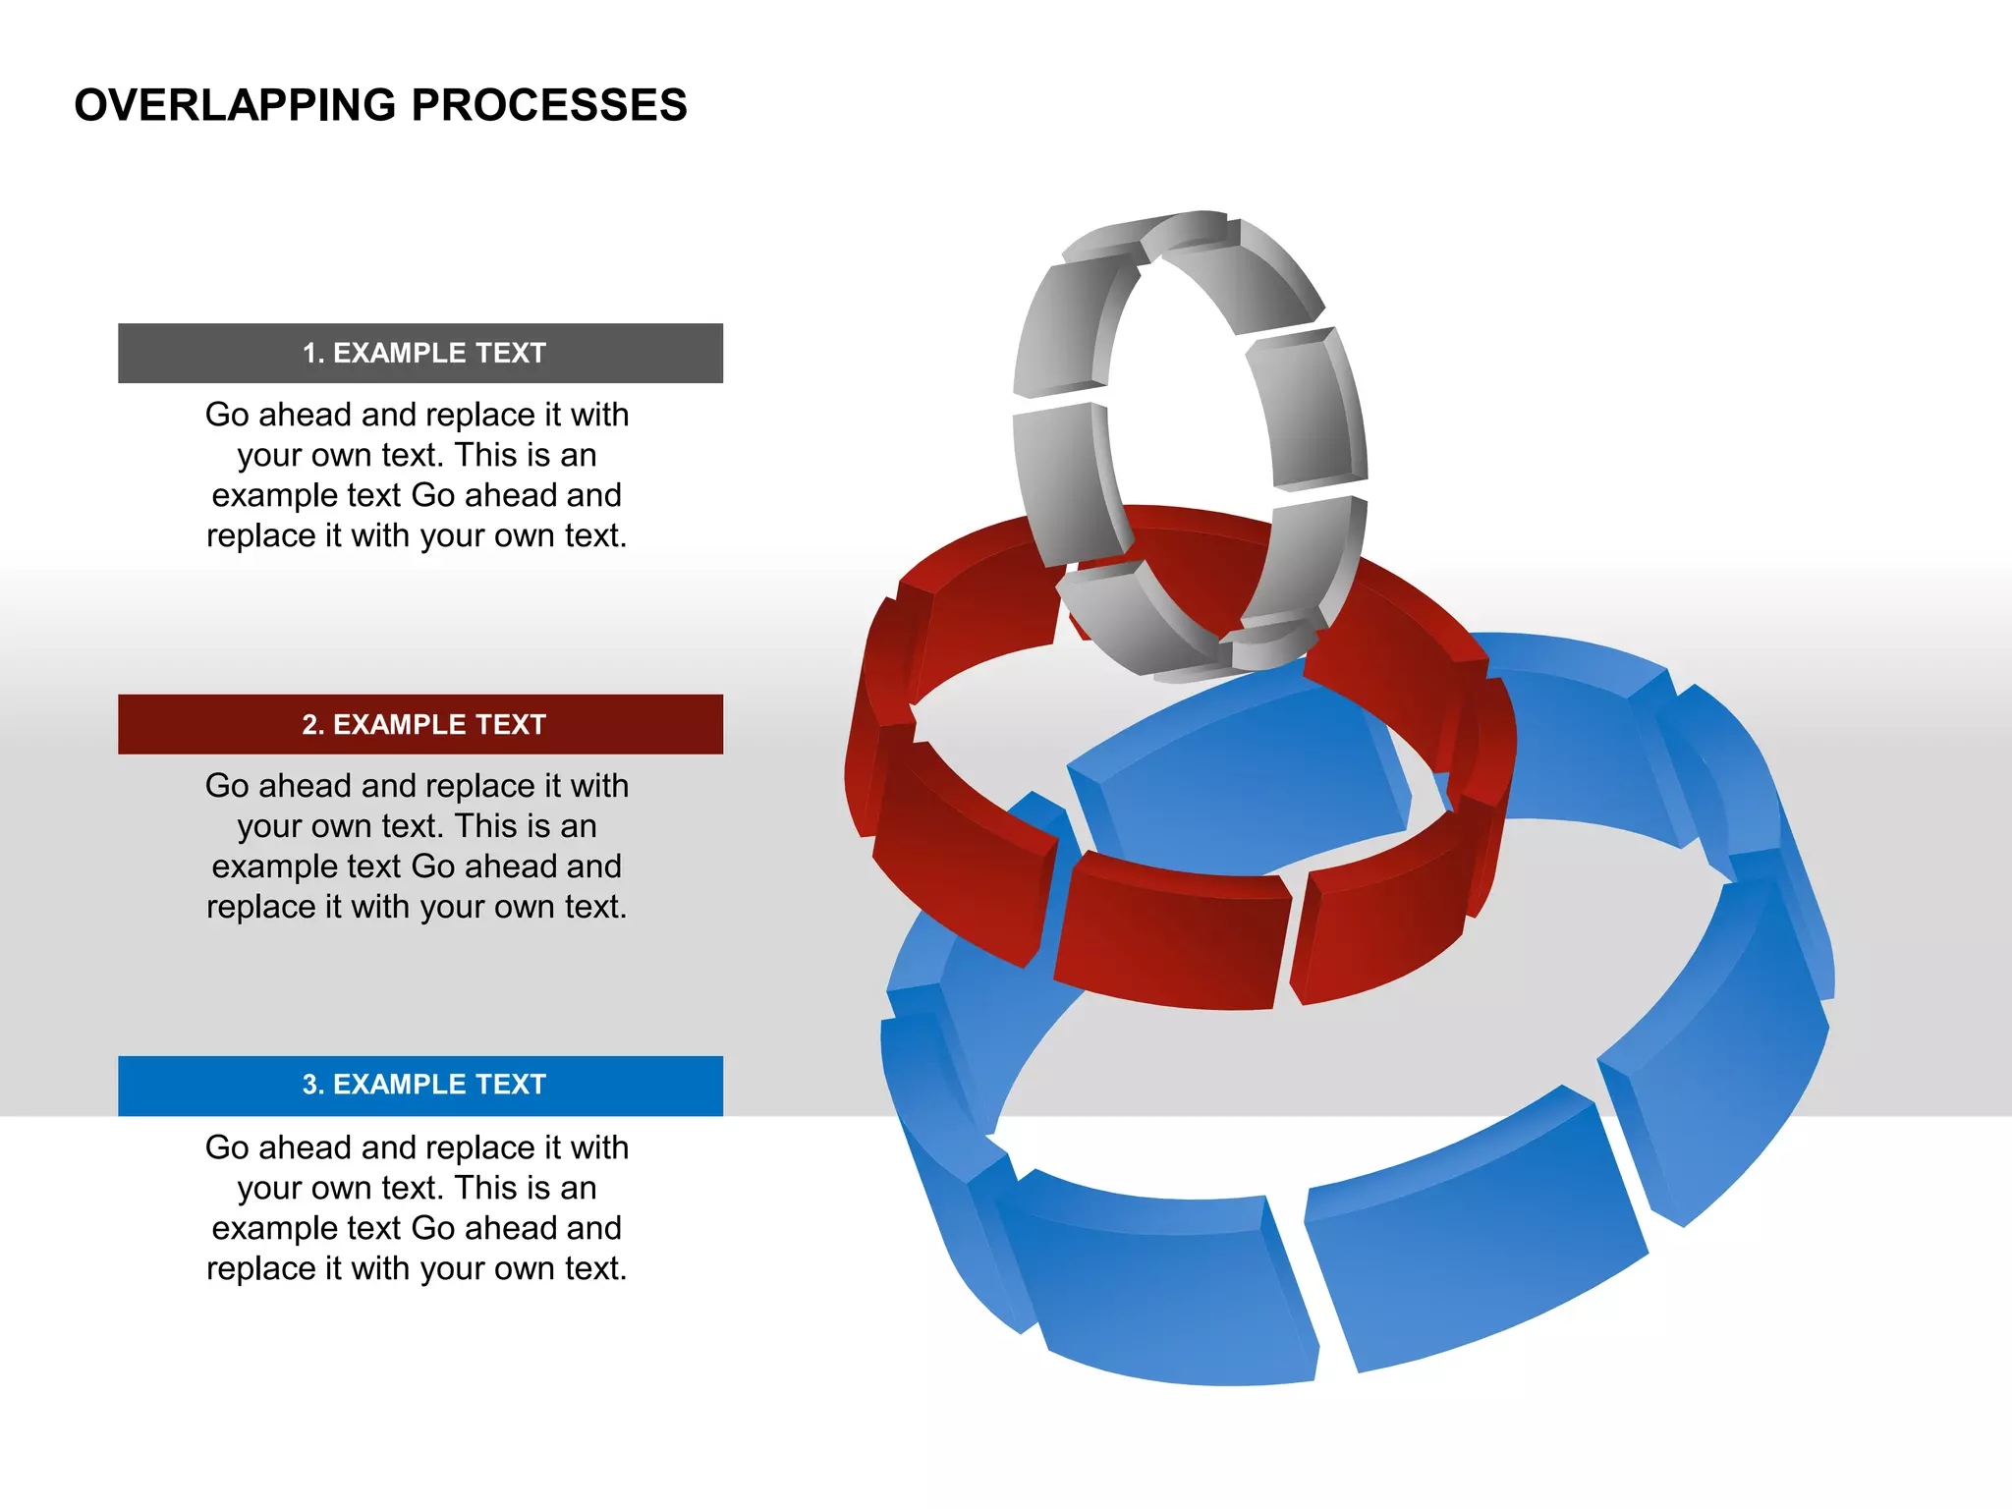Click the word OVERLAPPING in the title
[x=234, y=105]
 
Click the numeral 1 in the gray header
[x=309, y=354]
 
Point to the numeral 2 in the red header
[x=309, y=725]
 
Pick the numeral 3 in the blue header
[x=309, y=1085]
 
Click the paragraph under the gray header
[x=417, y=475]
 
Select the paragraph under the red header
[x=417, y=846]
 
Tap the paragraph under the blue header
[x=417, y=1207]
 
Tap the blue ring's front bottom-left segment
[x=1159, y=1287]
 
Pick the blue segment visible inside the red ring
[x=1248, y=776]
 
